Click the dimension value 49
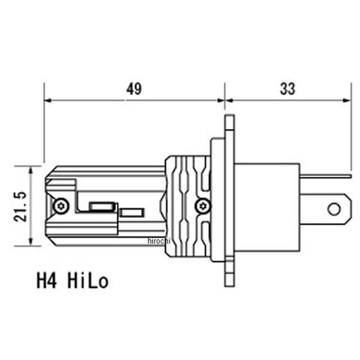tap(133, 88)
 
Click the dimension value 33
tap(287, 88)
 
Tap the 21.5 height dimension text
tap(20, 206)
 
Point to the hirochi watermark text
tap(159, 241)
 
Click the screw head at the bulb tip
tap(61, 206)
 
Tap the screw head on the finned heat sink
tap(203, 206)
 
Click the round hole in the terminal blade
tap(334, 209)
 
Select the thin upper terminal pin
tap(325, 176)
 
